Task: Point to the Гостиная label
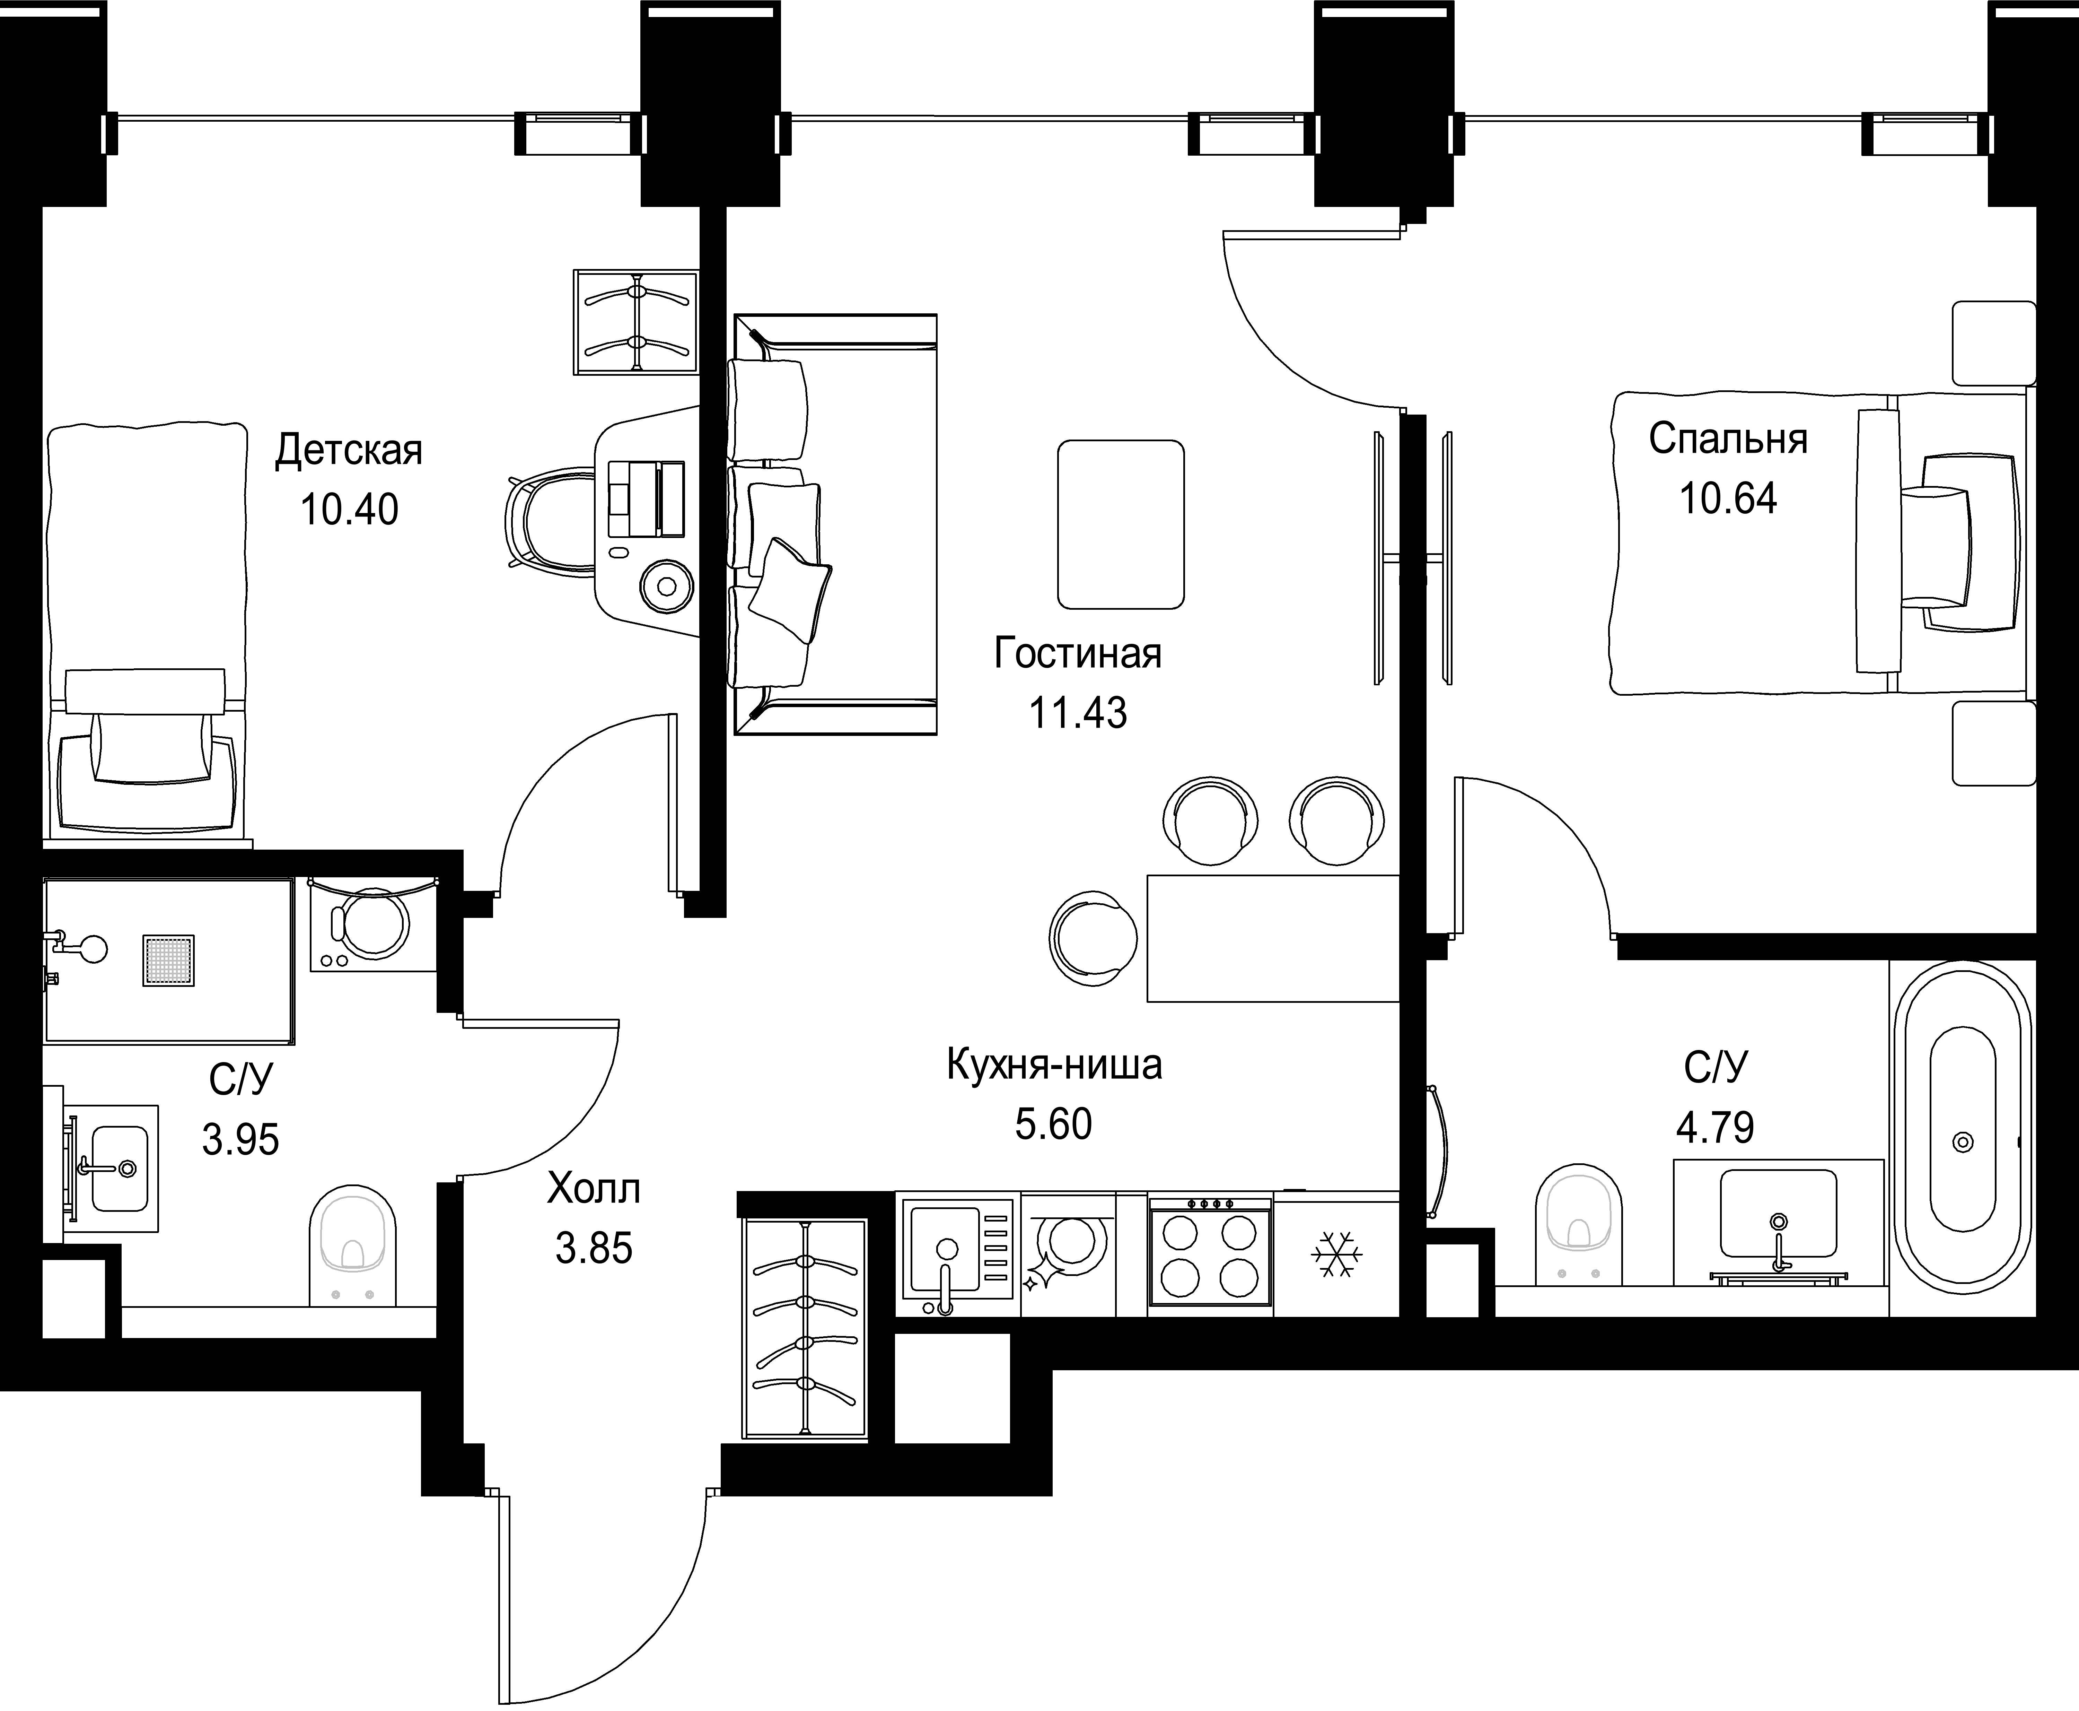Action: click(1078, 653)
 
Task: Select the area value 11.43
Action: click(1078, 712)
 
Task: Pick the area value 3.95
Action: click(240, 1140)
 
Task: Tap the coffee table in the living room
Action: click(1120, 524)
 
